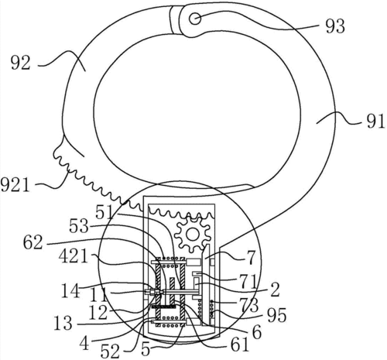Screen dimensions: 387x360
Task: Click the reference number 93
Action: pyautogui.click(x=335, y=26)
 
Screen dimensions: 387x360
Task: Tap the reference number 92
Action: pyautogui.click(x=21, y=63)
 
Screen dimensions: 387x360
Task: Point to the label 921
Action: pyautogui.click(x=15, y=184)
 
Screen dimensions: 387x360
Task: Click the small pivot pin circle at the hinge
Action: pyautogui.click(x=195, y=19)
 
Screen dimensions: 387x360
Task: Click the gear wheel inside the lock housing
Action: pyautogui.click(x=192, y=235)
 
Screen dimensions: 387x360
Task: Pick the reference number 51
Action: pyautogui.click(x=104, y=213)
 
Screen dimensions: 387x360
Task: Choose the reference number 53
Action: pyautogui.click(x=79, y=227)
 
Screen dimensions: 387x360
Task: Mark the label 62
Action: pyautogui.click(x=33, y=242)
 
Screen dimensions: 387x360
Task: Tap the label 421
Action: pyautogui.click(x=74, y=257)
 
